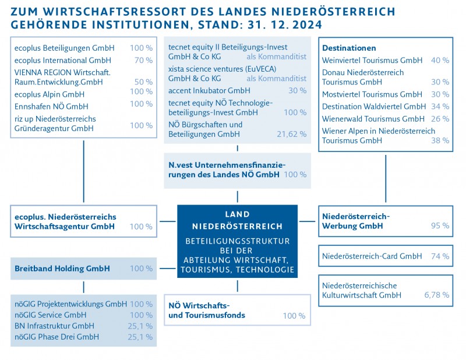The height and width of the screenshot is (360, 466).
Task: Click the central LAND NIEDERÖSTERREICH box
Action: click(237, 242)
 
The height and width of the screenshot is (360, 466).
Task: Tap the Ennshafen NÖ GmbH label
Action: click(51, 105)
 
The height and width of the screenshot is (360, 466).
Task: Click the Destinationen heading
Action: click(349, 48)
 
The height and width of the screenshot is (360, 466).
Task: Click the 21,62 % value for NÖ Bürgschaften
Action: click(292, 134)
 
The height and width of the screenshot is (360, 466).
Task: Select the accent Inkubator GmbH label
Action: click(200, 90)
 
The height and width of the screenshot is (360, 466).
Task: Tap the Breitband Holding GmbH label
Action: click(62, 269)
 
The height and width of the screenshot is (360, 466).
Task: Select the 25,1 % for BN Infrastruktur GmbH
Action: click(140, 326)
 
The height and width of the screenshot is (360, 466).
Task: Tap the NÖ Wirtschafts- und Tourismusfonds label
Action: click(206, 310)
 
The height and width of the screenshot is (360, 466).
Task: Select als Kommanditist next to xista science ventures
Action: click(276, 78)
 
